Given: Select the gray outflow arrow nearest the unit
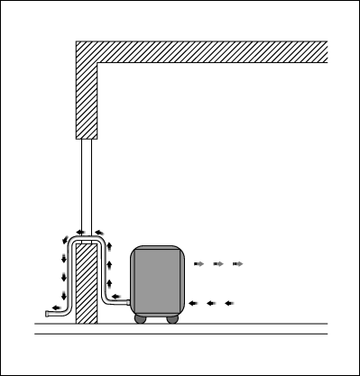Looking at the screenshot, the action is click(199, 264).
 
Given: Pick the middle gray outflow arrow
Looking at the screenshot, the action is click(218, 264).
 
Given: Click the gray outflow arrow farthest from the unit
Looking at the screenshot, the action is click(237, 264).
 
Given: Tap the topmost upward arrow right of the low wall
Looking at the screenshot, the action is click(108, 244).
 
